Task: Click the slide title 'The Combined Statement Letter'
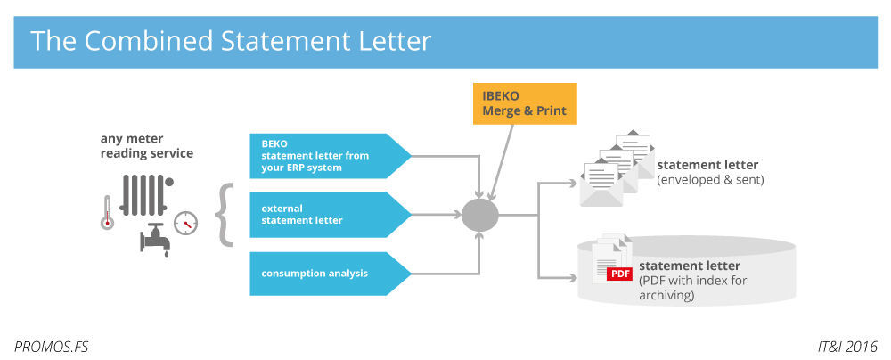[231, 41]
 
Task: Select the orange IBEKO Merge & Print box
[525, 103]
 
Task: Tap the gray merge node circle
[479, 214]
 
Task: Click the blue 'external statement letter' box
[325, 214]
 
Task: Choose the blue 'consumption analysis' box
[325, 273]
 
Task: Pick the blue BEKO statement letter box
[325, 155]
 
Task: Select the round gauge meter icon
[186, 222]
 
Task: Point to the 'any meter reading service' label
[147, 145]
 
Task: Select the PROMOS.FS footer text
[52, 345]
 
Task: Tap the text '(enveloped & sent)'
[710, 180]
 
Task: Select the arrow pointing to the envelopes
[561, 184]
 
